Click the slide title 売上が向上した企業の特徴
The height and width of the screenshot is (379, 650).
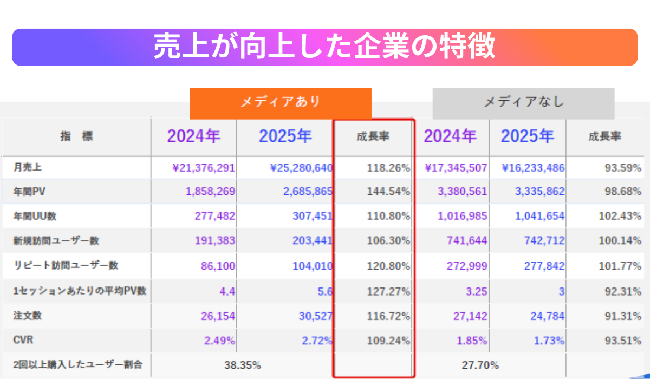tap(324, 47)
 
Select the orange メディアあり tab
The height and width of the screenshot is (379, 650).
tap(280, 102)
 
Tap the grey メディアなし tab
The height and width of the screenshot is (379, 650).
tap(523, 102)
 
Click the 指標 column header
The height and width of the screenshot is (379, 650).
tap(76, 137)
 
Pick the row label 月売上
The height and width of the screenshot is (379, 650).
tap(28, 168)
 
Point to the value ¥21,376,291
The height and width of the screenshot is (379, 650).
tap(203, 168)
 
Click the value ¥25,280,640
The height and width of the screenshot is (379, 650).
tap(301, 168)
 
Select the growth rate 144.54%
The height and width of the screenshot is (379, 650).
tap(388, 192)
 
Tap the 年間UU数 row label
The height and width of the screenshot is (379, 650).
tap(35, 216)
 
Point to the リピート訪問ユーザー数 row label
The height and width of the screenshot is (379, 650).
tap(66, 265)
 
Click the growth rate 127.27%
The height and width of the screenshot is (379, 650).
tap(388, 291)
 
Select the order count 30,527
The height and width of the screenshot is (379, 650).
tap(315, 316)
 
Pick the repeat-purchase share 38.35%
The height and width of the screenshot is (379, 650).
tap(243, 365)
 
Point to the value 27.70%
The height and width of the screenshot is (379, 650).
tap(480, 365)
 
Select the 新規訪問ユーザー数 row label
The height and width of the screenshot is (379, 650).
tap(56, 240)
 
